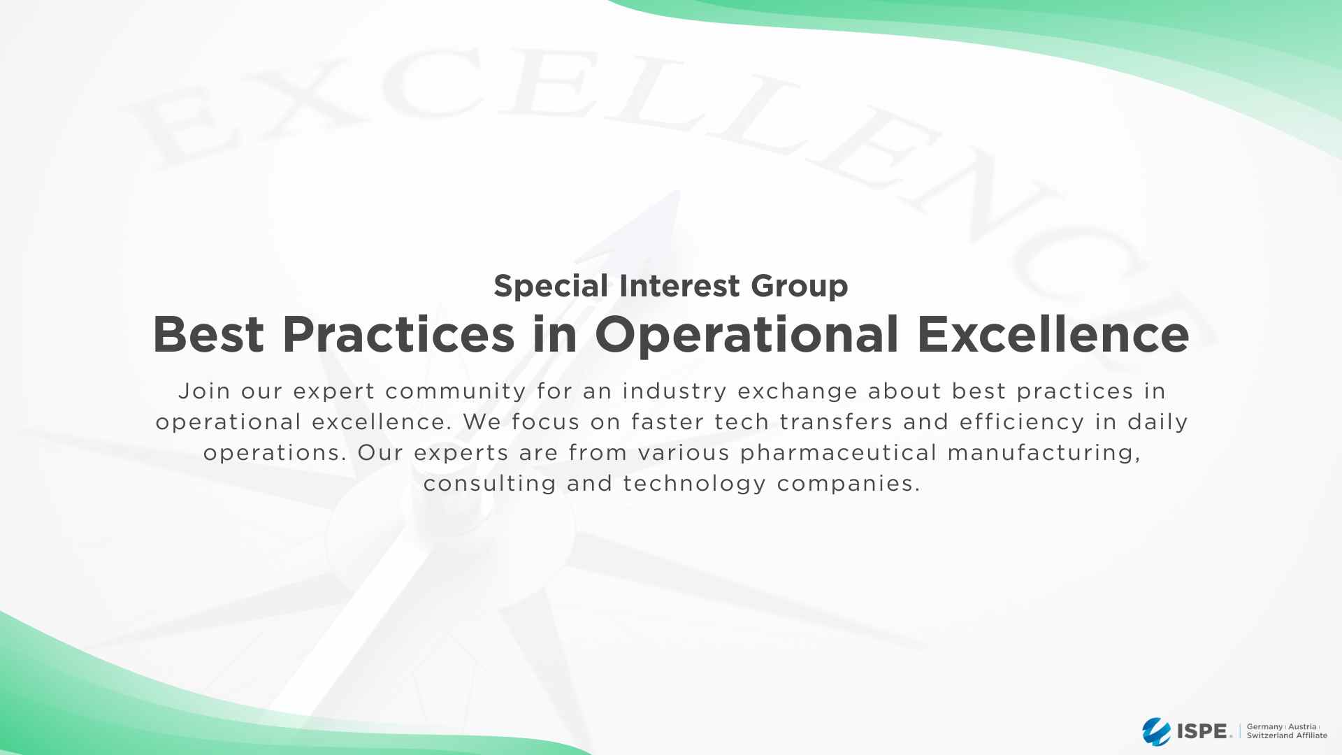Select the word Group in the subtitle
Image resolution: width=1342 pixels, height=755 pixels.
(x=799, y=286)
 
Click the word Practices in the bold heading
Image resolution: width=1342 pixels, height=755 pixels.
(x=398, y=335)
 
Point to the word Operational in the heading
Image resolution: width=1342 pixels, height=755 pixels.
(x=746, y=335)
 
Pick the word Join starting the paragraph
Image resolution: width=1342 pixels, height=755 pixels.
(x=204, y=391)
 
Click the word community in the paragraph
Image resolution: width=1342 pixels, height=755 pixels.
(x=456, y=391)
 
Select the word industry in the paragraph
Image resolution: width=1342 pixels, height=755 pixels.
(x=674, y=391)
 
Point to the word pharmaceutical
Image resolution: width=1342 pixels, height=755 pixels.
(x=838, y=452)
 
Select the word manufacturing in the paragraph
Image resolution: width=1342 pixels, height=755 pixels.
(x=1044, y=452)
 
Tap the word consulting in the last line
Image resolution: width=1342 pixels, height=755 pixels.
(x=490, y=483)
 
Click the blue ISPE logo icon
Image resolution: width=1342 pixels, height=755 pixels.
(x=1156, y=732)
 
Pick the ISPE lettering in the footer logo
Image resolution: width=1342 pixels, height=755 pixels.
(x=1204, y=732)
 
